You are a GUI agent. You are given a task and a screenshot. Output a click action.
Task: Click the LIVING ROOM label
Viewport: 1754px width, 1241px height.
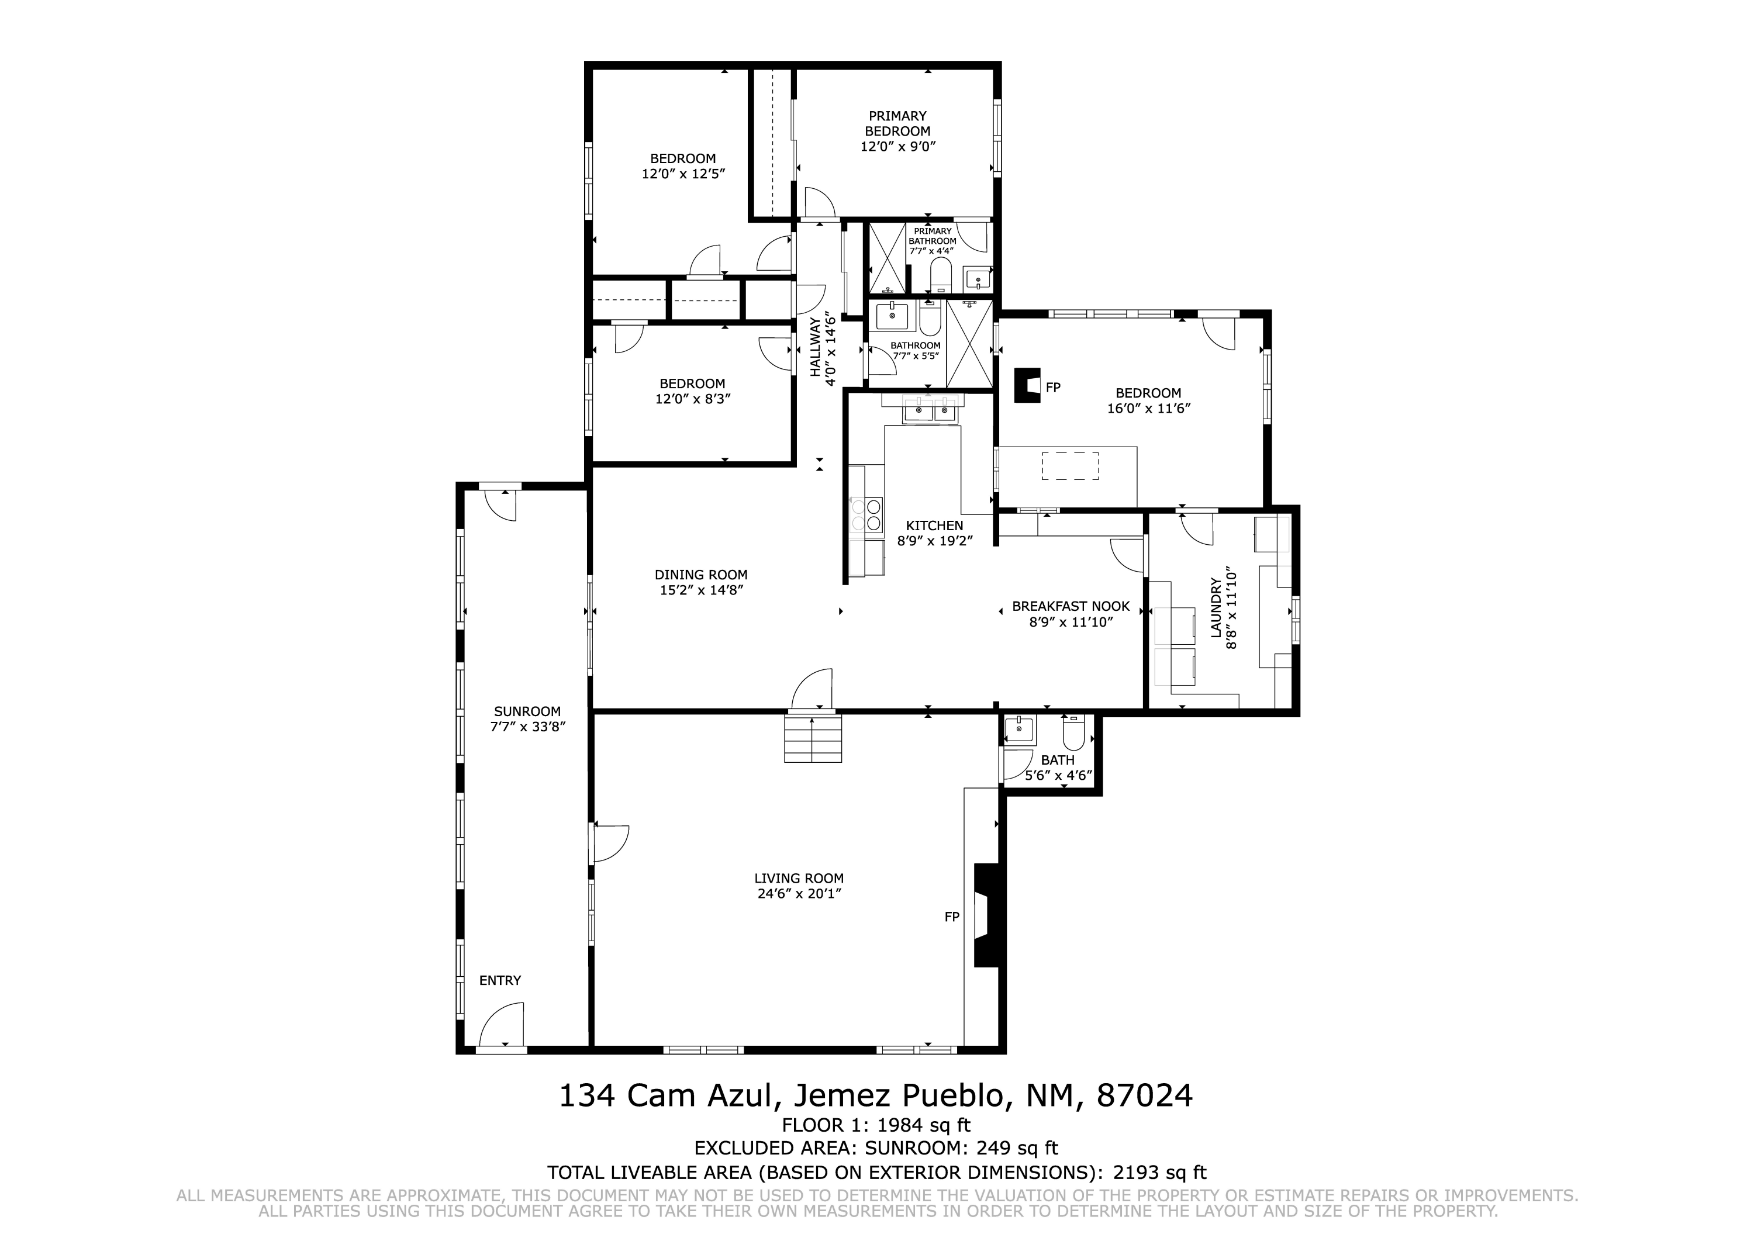point(799,879)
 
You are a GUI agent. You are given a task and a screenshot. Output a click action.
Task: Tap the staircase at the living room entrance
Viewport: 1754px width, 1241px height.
point(813,738)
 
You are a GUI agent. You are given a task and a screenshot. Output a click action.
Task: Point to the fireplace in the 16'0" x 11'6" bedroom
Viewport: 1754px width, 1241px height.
point(1027,385)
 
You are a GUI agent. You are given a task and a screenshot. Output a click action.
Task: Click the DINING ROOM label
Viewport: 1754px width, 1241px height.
point(701,575)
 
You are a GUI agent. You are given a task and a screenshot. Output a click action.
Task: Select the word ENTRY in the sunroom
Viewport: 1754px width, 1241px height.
point(500,980)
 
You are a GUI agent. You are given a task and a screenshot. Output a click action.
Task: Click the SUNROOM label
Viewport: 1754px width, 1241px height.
point(527,711)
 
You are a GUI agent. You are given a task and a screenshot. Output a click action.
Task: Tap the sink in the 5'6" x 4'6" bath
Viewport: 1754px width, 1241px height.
point(1020,730)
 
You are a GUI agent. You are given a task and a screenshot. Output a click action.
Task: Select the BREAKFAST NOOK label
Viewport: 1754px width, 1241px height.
point(1071,606)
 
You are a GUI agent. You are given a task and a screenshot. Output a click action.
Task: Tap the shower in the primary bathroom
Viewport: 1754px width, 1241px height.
point(888,258)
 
